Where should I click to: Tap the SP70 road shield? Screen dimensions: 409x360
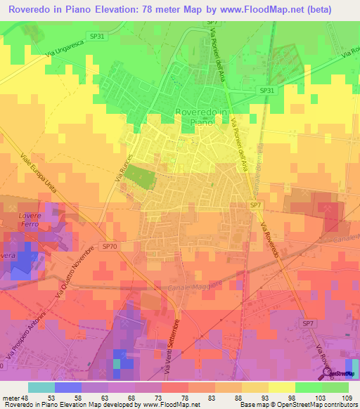(108, 247)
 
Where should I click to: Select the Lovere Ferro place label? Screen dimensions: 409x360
(32, 219)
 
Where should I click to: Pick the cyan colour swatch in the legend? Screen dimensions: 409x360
(41, 387)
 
